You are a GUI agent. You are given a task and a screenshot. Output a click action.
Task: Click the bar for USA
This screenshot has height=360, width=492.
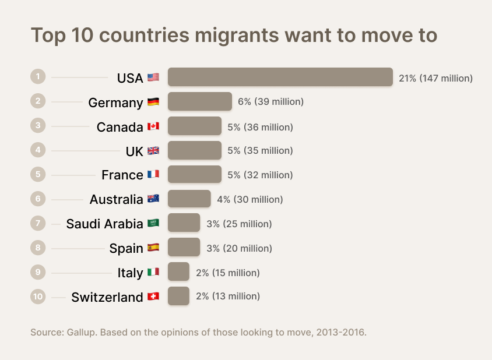[x=280, y=77]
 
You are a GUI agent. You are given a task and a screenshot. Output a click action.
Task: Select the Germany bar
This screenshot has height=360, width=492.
[x=200, y=101]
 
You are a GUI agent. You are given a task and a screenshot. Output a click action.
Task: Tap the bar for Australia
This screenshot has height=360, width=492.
[x=189, y=199]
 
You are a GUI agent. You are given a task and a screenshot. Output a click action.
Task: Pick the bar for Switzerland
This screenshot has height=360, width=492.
[x=178, y=296]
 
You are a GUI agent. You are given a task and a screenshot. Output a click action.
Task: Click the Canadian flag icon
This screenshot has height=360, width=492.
[x=153, y=126]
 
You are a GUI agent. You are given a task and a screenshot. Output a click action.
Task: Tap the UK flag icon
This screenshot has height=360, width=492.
[x=153, y=151]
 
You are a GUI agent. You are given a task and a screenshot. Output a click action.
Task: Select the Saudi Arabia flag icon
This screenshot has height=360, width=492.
[x=153, y=223]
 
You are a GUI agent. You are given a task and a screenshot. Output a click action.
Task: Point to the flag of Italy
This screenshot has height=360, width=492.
[x=153, y=272]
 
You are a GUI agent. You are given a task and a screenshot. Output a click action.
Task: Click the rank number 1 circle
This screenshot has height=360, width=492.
[x=38, y=76]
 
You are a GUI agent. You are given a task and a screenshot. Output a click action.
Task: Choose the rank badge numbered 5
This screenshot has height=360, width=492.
[x=38, y=174]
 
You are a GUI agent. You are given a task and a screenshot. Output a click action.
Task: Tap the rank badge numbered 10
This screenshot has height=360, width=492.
[x=38, y=297]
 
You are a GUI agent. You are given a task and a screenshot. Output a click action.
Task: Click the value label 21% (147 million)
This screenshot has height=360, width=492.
[x=435, y=77]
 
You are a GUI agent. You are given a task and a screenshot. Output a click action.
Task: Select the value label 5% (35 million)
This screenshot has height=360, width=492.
[x=260, y=150]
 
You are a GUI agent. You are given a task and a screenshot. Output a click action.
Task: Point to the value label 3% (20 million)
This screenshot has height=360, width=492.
[x=239, y=248]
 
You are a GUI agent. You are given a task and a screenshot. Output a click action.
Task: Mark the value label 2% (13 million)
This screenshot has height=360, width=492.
[x=228, y=296]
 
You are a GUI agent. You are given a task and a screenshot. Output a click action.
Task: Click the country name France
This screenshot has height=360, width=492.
[x=122, y=175]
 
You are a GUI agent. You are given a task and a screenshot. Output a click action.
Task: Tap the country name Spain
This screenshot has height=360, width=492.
[x=126, y=248]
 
